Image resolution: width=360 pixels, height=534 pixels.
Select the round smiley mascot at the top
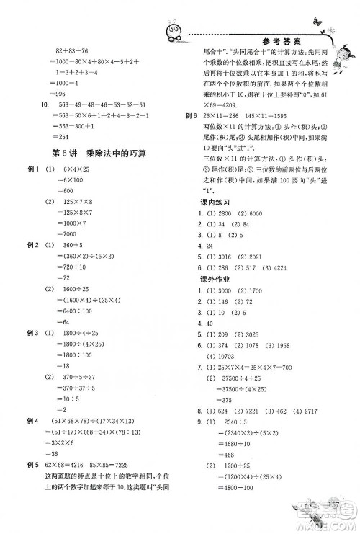pos(176,33)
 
